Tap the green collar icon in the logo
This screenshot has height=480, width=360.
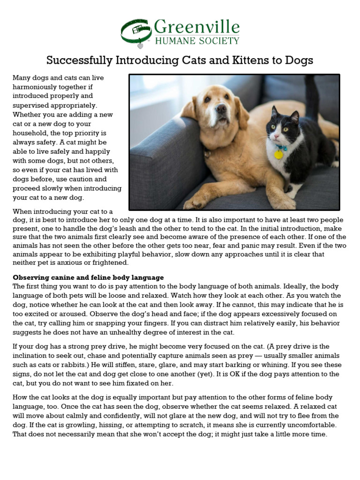pos(136,32)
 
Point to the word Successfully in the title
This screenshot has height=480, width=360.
pos(79,60)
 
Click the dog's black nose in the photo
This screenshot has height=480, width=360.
pos(221,109)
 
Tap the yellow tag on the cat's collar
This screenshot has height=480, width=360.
pos(278,154)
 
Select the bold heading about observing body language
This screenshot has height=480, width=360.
pos(88,277)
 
